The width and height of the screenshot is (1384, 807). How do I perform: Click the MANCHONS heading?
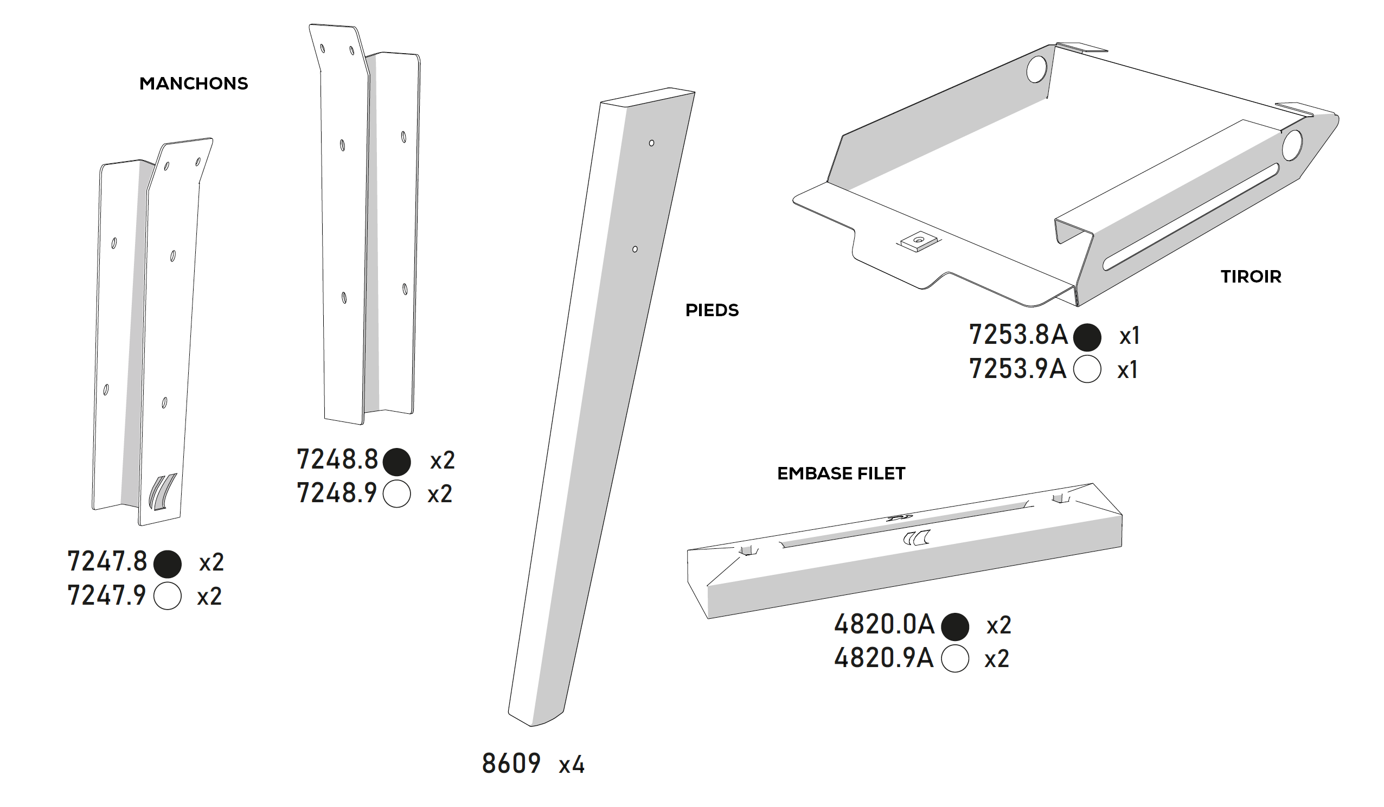(193, 84)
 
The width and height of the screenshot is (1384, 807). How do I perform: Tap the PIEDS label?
(712, 310)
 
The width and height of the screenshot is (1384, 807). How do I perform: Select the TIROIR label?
(1251, 277)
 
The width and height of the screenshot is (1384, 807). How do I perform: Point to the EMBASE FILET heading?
(841, 473)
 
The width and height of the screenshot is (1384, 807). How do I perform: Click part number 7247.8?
(107, 561)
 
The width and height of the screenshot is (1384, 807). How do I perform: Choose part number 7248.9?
(337, 493)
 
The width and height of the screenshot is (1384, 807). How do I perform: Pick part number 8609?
(511, 763)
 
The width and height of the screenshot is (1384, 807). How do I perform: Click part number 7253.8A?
(1018, 335)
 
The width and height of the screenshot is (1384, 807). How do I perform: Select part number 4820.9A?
(883, 657)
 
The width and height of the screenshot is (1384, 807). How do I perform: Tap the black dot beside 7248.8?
(396, 462)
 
